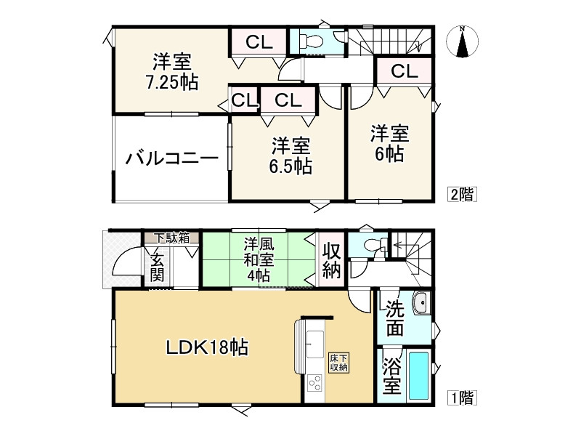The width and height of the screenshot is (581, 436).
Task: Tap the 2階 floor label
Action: point(461,194)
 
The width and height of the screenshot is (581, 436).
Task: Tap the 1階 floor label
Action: point(461,397)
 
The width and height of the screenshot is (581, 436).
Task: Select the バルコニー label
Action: point(171,158)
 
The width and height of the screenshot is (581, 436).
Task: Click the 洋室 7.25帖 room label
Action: point(171,71)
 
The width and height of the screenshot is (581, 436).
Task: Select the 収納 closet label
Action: point(330,260)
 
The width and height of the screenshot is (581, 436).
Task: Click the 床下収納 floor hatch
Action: point(339,363)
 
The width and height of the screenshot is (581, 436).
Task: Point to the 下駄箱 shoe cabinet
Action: point(171,237)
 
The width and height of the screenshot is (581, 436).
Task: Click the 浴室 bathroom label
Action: point(391,375)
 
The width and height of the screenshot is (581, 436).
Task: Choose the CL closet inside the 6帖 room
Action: point(404,71)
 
